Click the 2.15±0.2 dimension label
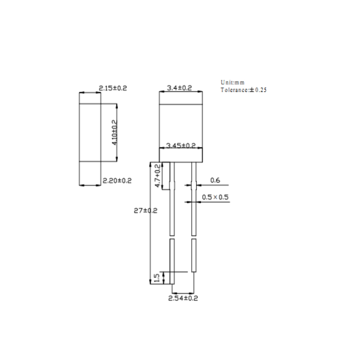112,89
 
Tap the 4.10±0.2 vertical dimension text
115,132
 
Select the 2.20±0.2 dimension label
117,180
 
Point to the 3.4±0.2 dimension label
179,88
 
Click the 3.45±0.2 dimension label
181,146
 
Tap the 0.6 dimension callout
215,180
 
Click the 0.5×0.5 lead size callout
215,197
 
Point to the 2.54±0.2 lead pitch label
183,298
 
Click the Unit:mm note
232,82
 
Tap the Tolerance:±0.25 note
243,90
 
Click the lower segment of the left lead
172,261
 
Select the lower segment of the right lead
194,255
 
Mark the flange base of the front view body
181,155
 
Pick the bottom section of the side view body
90,173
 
